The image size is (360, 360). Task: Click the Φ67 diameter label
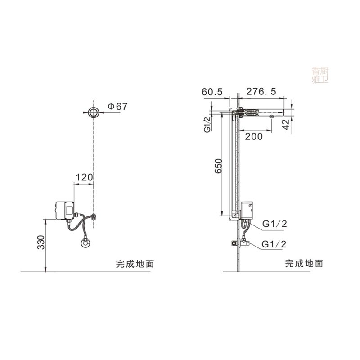(117, 107)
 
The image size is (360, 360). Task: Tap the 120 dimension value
(84, 177)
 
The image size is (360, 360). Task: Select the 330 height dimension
(41, 242)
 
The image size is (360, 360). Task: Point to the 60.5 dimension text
(212, 92)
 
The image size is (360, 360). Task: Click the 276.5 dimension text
(261, 92)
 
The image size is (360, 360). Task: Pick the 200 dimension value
(254, 137)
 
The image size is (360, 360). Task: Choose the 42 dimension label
(286, 125)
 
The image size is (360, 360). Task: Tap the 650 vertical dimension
(218, 166)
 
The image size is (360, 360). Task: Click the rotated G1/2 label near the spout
(207, 125)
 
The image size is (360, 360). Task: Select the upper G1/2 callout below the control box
(274, 224)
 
